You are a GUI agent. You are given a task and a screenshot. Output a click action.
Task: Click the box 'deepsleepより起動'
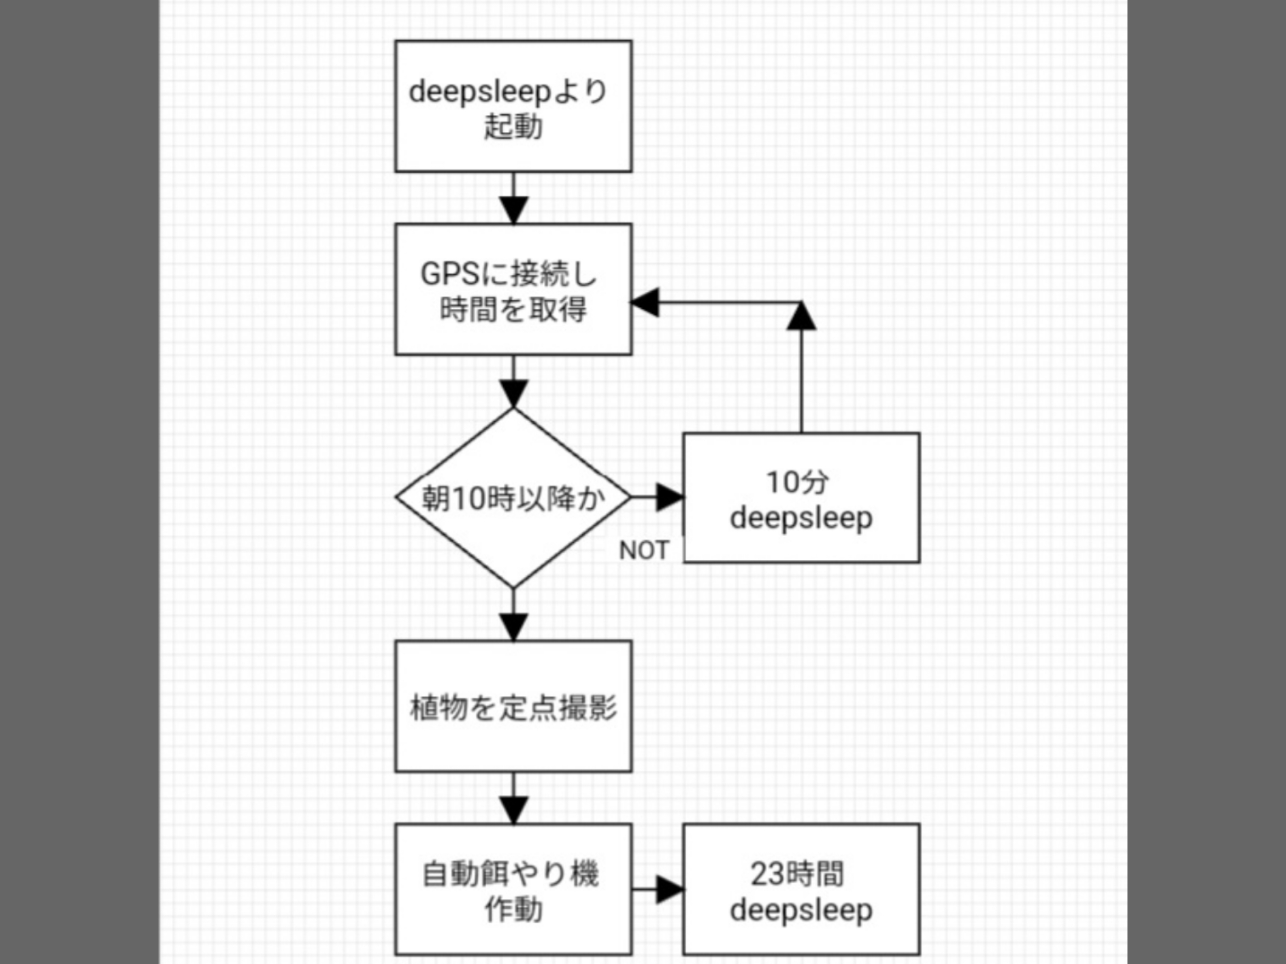point(513,106)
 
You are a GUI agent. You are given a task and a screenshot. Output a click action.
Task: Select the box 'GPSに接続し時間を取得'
point(513,289)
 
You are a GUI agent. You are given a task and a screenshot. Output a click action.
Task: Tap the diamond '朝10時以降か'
point(513,498)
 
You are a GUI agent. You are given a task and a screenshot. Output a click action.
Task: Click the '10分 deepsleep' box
point(801,498)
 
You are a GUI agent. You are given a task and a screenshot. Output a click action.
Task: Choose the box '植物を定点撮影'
point(513,706)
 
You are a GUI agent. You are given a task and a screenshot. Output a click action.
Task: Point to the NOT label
point(644,550)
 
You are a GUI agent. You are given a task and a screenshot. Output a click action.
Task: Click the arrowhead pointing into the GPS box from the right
point(646,303)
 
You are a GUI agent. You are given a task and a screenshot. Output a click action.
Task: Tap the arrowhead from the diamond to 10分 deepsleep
point(670,498)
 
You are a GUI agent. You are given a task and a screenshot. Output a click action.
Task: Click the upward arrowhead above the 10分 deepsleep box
point(801,316)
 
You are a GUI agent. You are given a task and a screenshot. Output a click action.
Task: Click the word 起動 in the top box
point(513,126)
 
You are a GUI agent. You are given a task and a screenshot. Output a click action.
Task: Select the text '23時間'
point(797,873)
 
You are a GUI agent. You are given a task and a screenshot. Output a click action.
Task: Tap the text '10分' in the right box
point(797,481)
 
